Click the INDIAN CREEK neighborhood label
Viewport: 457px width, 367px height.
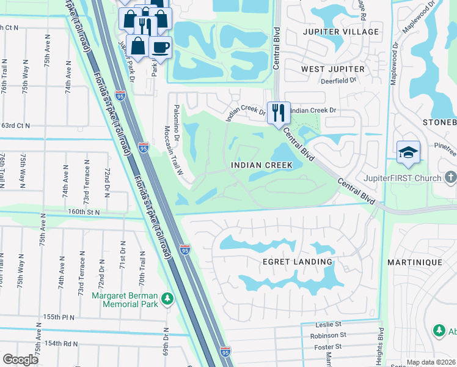click(x=261, y=165)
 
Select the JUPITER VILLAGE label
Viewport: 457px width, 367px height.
click(x=340, y=31)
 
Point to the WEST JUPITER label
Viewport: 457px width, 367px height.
click(x=333, y=69)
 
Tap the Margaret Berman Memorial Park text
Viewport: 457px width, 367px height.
click(x=125, y=300)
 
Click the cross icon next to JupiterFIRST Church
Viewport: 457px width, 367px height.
click(x=450, y=178)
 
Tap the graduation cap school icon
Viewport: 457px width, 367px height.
click(x=408, y=153)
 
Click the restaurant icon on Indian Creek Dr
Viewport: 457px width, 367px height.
click(x=279, y=113)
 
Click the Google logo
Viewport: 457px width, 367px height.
click(x=21, y=359)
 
